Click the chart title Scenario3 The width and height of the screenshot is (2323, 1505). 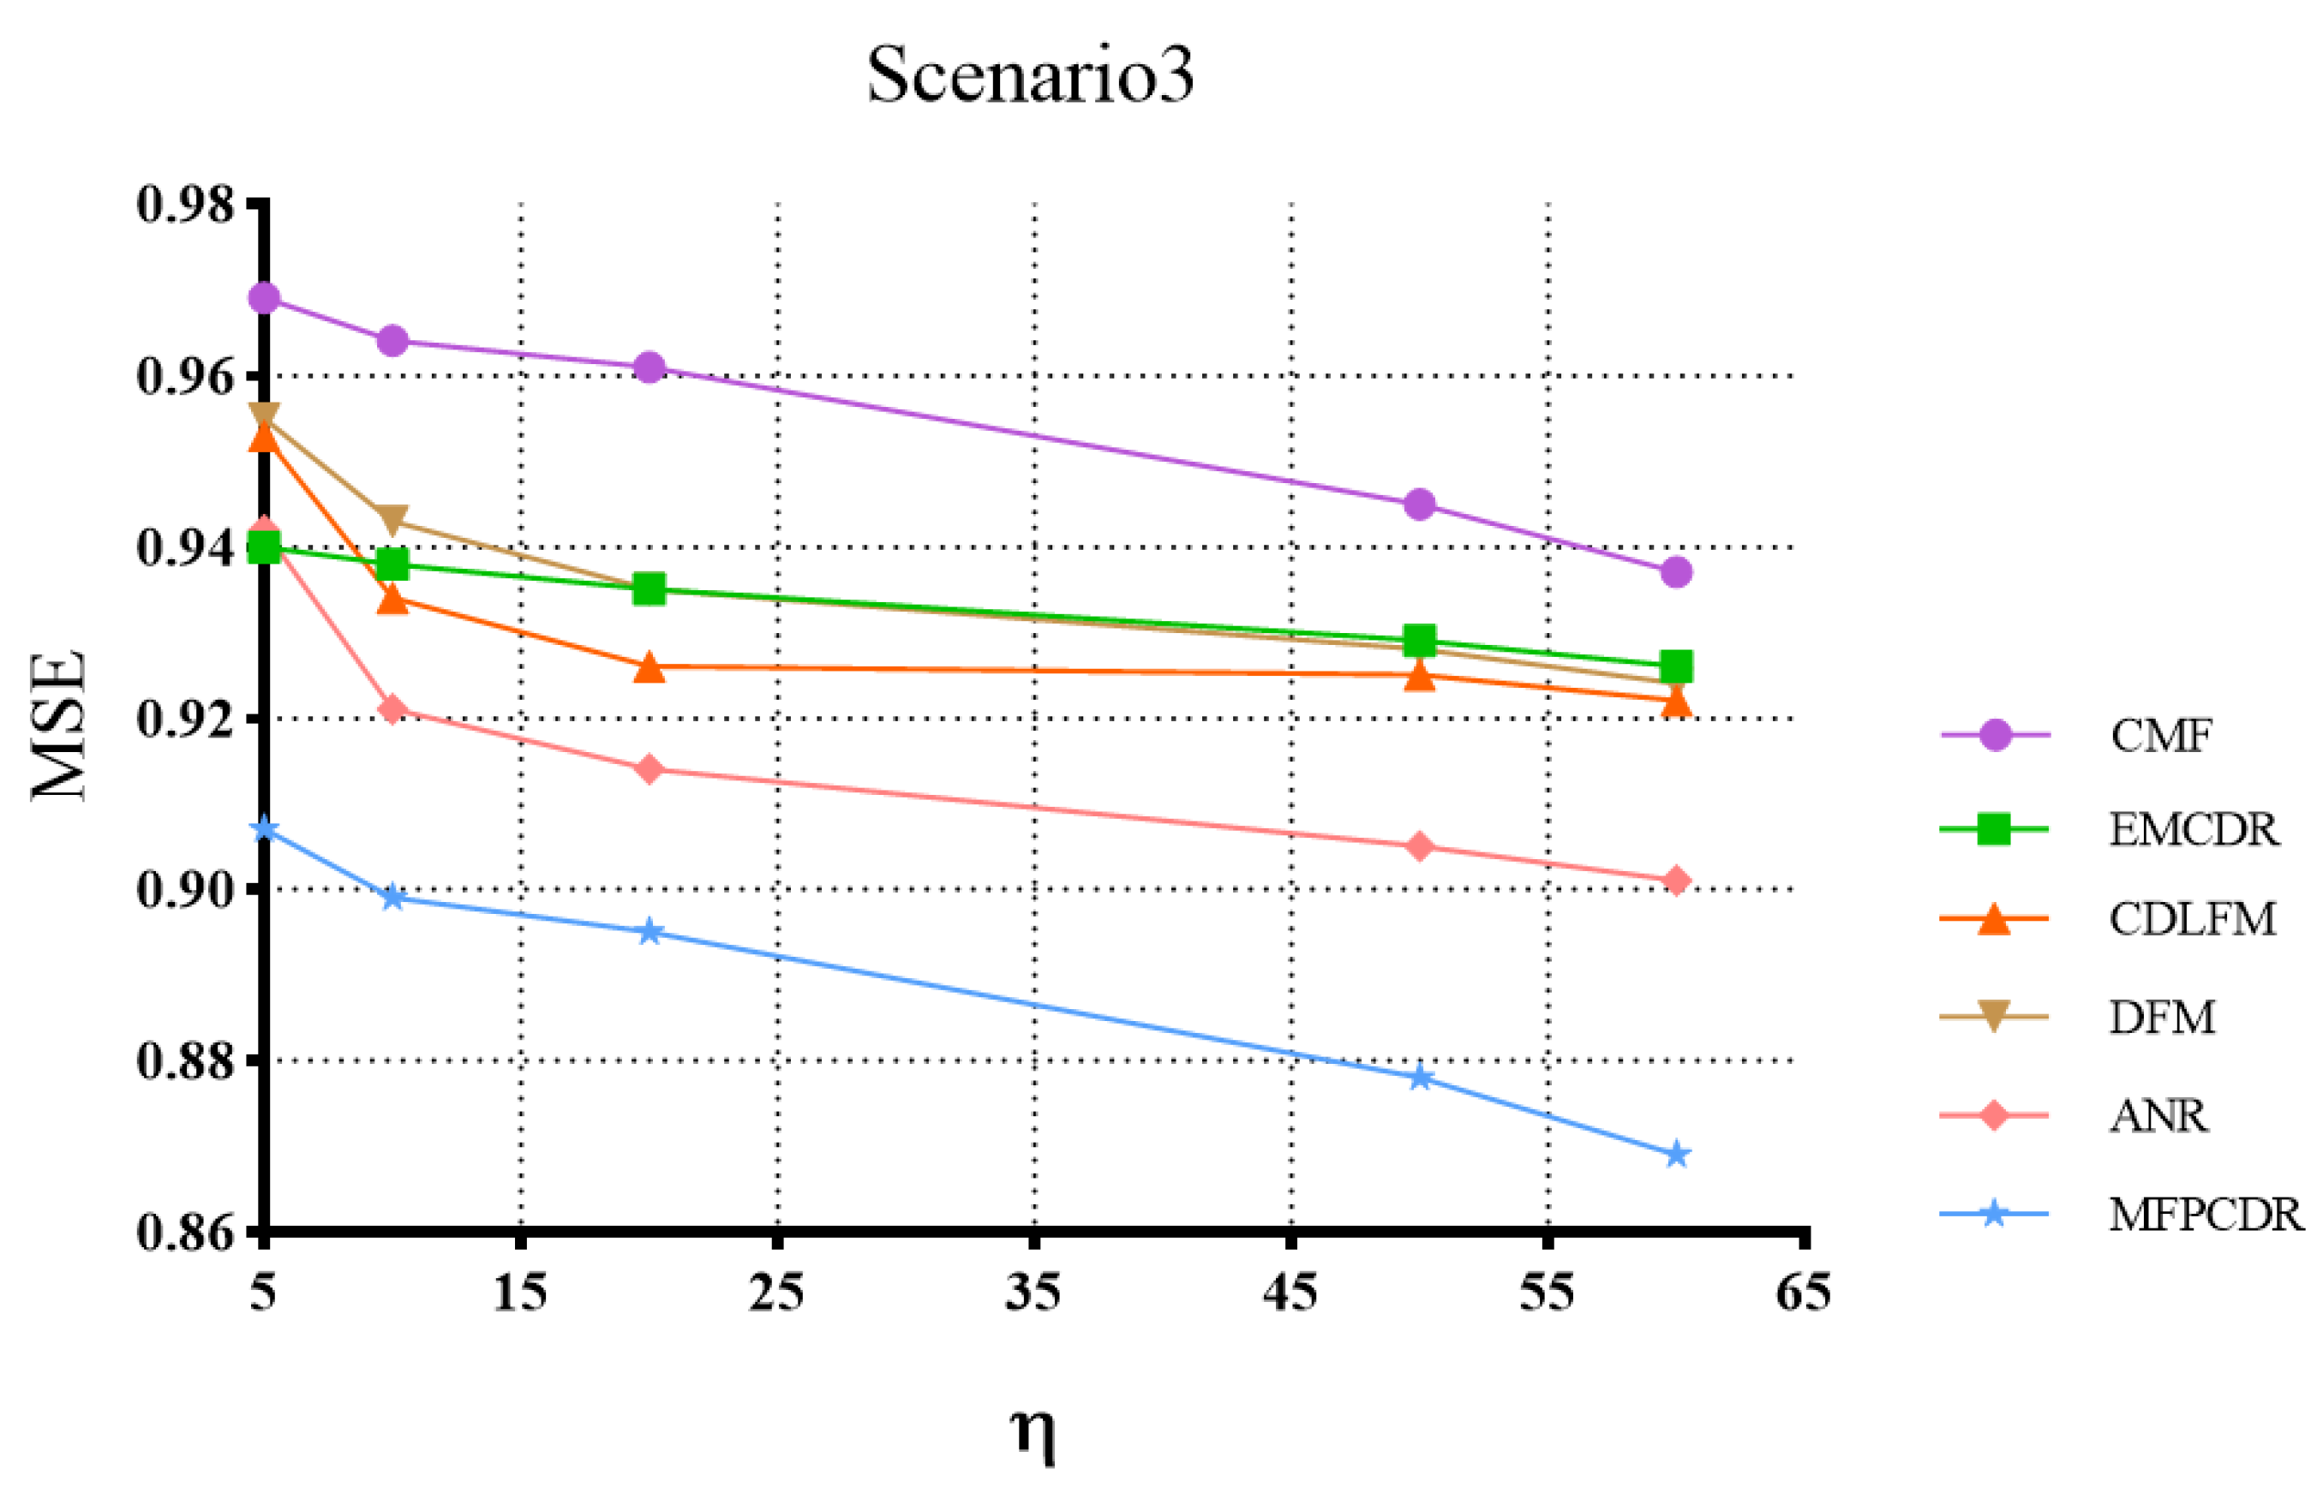1030,76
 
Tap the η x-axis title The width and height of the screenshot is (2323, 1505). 1033,1432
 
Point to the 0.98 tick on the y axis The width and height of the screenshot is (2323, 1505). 185,205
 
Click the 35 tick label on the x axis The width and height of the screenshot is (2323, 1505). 1033,1293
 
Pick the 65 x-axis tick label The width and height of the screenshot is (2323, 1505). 1803,1293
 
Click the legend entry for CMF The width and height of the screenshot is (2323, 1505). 2160,736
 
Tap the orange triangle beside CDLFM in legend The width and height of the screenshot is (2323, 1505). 1993,919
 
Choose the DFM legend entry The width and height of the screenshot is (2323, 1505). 2161,1017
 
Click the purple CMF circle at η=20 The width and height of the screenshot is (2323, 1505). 649,368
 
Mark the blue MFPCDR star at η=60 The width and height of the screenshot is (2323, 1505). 1676,1155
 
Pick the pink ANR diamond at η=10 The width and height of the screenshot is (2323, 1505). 392,708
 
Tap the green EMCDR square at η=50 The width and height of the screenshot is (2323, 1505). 1419,642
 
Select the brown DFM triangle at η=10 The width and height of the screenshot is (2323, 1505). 392,519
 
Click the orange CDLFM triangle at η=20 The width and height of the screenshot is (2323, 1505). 649,667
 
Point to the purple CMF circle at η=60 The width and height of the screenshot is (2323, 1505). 1676,572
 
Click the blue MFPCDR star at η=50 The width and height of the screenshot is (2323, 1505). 1420,1078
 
